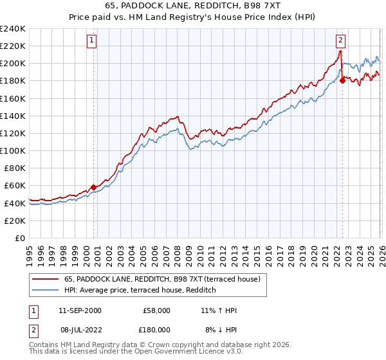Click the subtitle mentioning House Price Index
pyautogui.click(x=193, y=17)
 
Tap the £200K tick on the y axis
pyautogui.click(x=13, y=64)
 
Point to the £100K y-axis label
pyautogui.click(x=13, y=150)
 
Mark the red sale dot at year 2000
pyautogui.click(x=93, y=187)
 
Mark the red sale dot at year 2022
pyautogui.click(x=342, y=80)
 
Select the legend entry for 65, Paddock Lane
pyautogui.click(x=161, y=279)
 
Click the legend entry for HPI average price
pyautogui.click(x=139, y=291)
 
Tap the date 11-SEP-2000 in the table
pyautogui.click(x=79, y=310)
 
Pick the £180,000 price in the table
pyautogui.click(x=156, y=329)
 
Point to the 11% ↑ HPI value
pyautogui.click(x=219, y=310)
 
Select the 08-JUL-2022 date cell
pyautogui.click(x=79, y=329)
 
